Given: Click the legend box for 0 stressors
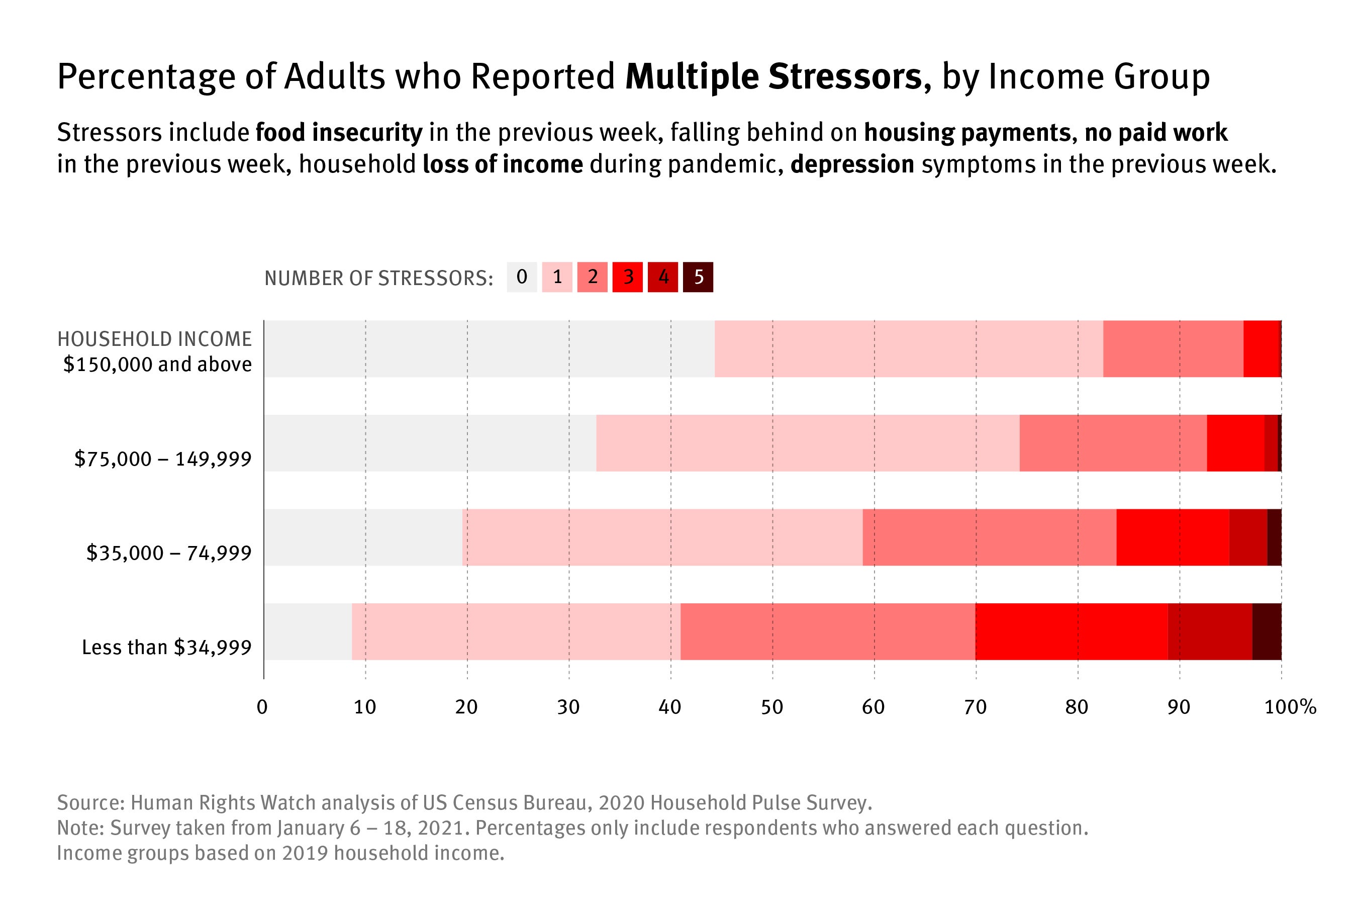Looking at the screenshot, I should (x=522, y=277).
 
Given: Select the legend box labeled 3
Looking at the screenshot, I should (x=628, y=277).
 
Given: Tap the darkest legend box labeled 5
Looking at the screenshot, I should (x=698, y=277).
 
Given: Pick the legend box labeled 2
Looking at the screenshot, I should (x=593, y=277).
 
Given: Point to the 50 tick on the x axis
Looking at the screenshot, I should (x=772, y=707).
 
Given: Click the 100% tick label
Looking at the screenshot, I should (x=1290, y=707).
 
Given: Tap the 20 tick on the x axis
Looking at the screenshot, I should (x=466, y=707).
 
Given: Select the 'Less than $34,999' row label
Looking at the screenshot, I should (x=167, y=648).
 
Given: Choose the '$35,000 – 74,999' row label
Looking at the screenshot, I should (x=169, y=554).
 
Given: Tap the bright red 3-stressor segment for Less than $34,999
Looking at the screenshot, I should (x=1072, y=631).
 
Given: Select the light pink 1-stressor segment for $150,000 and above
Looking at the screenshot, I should (x=909, y=348).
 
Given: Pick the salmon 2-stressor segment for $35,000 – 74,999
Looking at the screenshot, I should (x=990, y=537).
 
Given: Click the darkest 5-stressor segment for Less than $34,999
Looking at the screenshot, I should (x=1267, y=631).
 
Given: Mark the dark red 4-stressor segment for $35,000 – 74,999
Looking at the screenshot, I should (x=1248, y=537).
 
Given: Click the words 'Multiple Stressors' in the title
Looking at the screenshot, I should (x=778, y=77).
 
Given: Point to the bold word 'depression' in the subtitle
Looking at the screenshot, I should (x=852, y=164).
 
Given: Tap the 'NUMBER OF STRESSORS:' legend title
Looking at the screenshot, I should (x=378, y=278).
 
